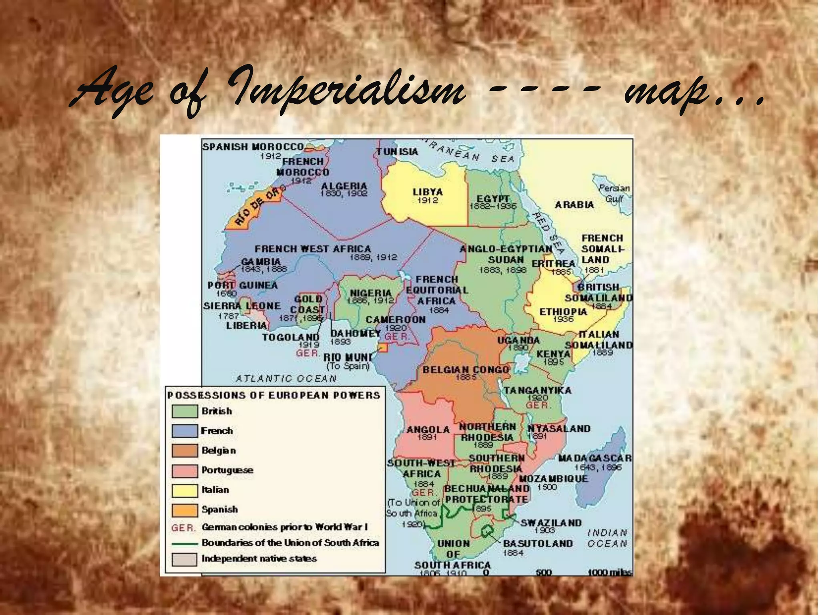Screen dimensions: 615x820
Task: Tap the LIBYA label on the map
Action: pos(428,192)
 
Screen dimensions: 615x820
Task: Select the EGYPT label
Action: pos(493,199)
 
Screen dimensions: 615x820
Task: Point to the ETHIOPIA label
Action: pos(563,312)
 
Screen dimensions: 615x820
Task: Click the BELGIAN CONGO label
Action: pos(466,369)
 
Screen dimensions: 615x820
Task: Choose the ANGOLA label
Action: pos(428,430)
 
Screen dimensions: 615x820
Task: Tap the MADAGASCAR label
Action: pos(595,458)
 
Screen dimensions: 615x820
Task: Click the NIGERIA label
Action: pos(371,293)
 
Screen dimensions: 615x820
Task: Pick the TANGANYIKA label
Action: pos(537,390)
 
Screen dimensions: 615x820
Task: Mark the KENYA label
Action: pos(553,354)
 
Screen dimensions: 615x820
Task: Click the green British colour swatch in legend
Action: pos(185,411)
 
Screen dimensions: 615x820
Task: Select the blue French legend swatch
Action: pos(185,431)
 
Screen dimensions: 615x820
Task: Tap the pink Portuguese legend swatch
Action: pos(185,470)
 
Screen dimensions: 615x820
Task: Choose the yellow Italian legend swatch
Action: pos(185,490)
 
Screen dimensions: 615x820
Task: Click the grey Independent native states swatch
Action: pos(185,559)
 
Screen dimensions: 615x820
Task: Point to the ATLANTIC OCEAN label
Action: pos(286,378)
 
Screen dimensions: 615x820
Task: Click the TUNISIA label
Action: pos(397,151)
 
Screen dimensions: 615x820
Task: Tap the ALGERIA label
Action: pos(344,186)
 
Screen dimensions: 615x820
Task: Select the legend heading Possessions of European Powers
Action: pos(273,396)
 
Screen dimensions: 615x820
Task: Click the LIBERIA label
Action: pos(246,326)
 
